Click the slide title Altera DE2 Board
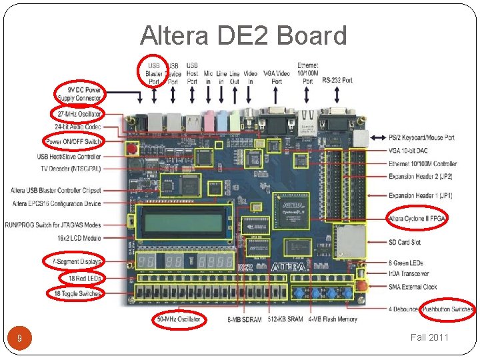click(x=243, y=35)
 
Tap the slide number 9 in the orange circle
click(x=20, y=339)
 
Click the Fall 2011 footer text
click(x=430, y=337)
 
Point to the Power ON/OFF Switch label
click(x=73, y=141)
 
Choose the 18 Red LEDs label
click(x=83, y=277)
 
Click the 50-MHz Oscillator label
click(x=179, y=319)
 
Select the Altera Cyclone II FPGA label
click(x=417, y=218)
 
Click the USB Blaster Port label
click(x=154, y=73)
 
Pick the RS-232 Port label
click(x=337, y=81)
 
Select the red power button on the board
click(x=133, y=148)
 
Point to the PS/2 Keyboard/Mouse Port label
click(x=421, y=137)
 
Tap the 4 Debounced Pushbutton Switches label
click(x=431, y=309)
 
